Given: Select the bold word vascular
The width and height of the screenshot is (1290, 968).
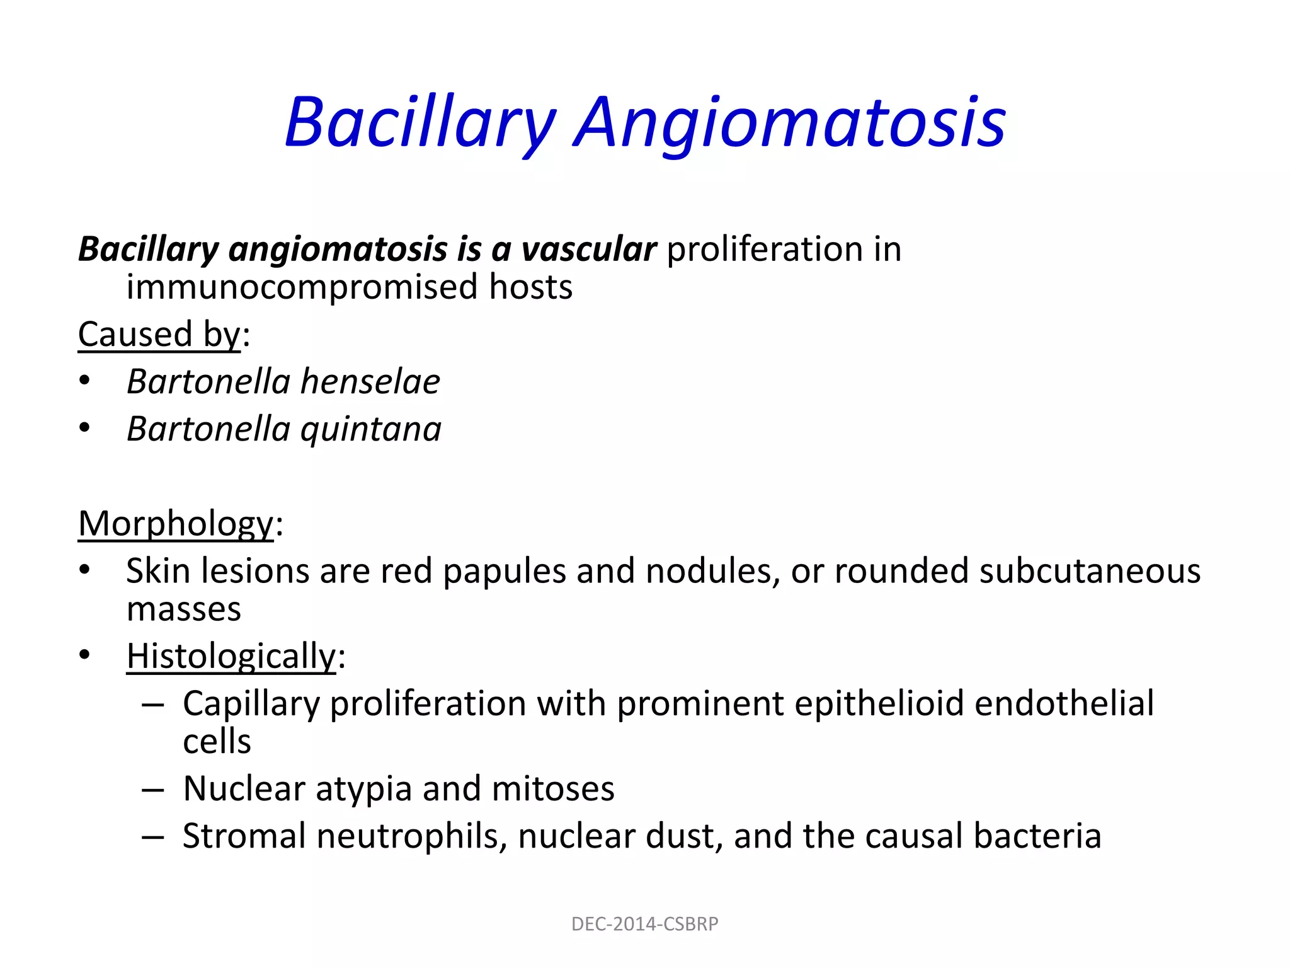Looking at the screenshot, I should click(x=589, y=250).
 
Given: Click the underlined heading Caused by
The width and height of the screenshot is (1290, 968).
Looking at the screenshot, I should click(x=159, y=334).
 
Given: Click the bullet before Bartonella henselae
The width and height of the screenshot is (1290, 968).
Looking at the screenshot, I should click(x=85, y=381).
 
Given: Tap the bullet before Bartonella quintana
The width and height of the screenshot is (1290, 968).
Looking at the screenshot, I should click(x=85, y=429).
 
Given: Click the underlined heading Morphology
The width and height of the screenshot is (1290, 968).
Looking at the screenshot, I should click(x=176, y=524).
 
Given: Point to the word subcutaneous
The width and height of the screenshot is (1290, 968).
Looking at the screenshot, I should click(x=1090, y=572).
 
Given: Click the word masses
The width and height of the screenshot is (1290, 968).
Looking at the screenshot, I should click(x=183, y=609).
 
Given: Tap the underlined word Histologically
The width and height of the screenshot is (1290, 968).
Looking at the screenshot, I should click(x=231, y=657).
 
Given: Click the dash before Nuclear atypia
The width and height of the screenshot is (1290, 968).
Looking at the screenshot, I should click(x=153, y=789).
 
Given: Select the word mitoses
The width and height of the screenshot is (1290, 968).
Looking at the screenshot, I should click(x=553, y=789).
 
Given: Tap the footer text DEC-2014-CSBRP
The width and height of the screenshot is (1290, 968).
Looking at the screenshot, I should click(x=644, y=924).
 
